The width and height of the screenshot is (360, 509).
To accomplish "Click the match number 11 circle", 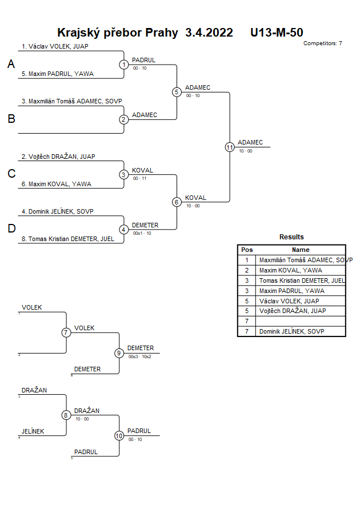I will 230,147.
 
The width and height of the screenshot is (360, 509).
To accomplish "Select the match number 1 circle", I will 124,65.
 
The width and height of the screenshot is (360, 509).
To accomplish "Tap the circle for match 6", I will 177,202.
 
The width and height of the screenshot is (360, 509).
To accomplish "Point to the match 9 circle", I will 119,353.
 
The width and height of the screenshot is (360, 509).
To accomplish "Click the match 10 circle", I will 119,435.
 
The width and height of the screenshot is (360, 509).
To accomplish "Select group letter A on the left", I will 11,65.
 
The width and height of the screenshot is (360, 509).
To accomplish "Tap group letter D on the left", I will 11,229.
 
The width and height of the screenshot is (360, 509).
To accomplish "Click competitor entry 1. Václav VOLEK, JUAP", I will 55,46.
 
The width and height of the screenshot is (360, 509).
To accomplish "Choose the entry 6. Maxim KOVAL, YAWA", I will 57,184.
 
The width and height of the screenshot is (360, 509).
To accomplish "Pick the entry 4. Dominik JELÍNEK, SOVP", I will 57,211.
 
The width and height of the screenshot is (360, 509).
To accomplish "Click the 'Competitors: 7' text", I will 322,43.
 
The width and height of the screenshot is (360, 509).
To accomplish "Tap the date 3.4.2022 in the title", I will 209,33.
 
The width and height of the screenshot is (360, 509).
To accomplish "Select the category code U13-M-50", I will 277,33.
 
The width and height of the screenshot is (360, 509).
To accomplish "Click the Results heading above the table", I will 291,237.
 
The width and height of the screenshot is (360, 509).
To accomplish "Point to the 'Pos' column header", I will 247,250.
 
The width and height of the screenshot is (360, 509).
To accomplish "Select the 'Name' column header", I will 301,250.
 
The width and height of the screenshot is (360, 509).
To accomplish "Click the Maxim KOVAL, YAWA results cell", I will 290,270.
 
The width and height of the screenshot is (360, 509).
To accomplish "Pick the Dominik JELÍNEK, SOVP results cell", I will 294,331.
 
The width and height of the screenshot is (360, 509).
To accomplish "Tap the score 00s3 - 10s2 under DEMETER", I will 140,356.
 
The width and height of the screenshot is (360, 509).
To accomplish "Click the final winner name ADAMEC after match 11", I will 250,142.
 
